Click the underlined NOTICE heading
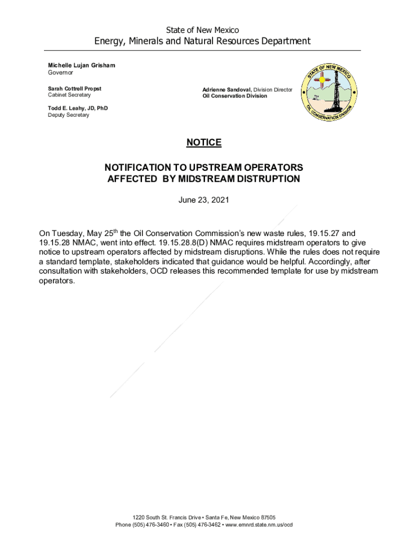[203, 143]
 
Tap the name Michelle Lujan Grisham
[81, 65]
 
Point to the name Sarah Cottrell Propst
[75, 89]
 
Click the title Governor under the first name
[60, 73]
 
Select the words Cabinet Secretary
[69, 95]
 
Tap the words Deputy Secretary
[69, 116]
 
